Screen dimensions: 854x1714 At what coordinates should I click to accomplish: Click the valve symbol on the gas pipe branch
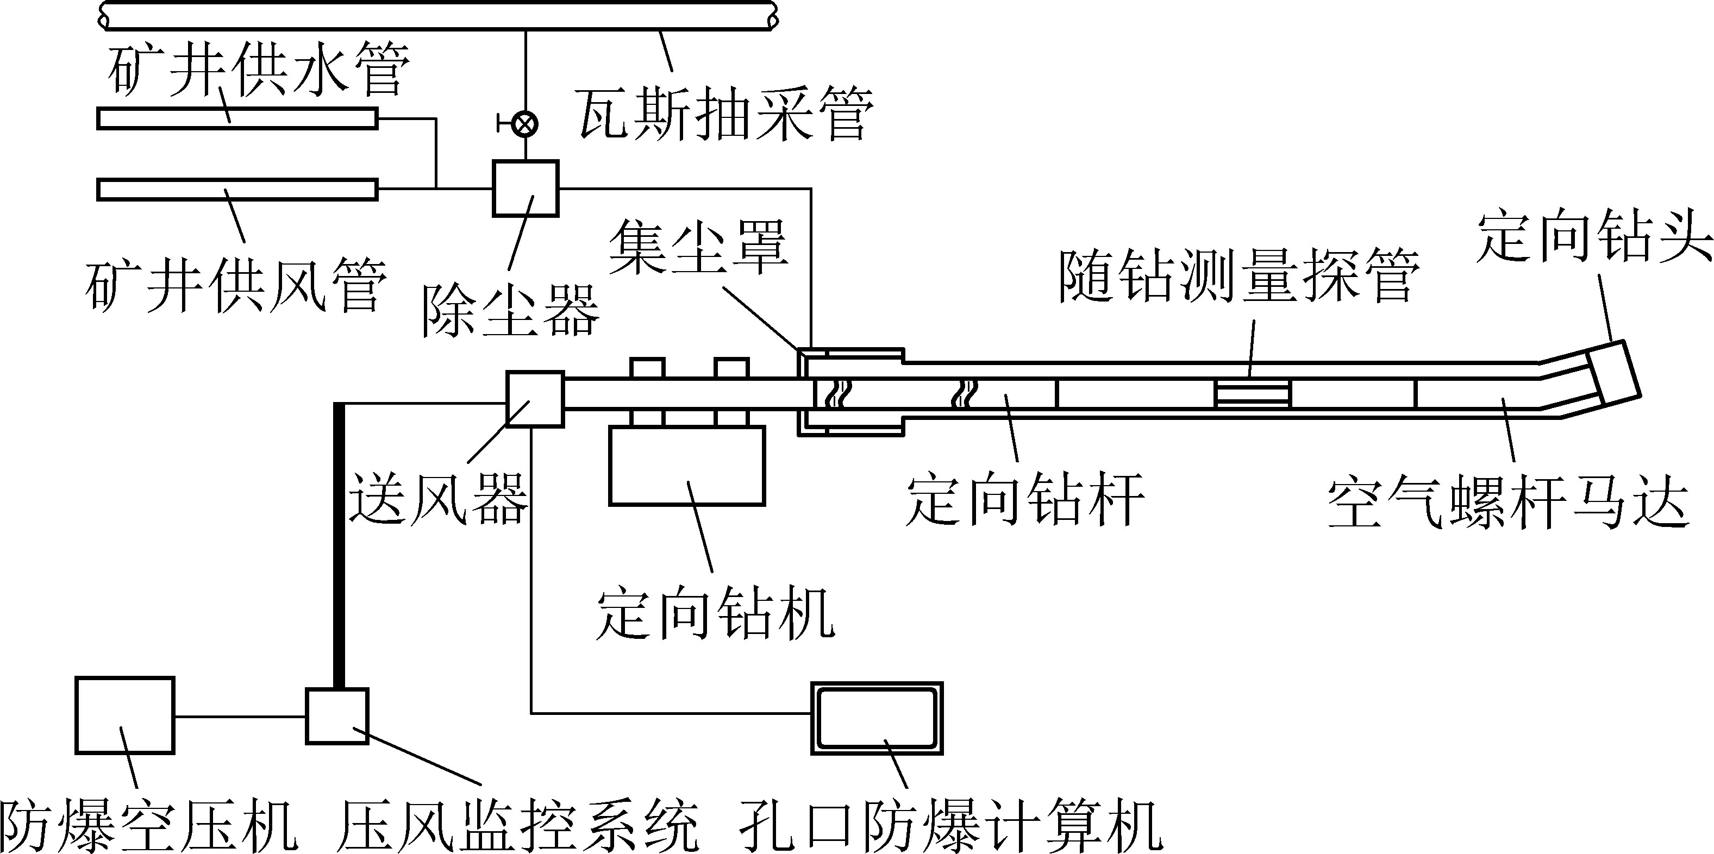(526, 124)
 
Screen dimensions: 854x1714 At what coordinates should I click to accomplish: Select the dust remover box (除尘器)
(525, 188)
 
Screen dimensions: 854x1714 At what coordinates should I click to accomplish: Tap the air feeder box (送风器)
(535, 398)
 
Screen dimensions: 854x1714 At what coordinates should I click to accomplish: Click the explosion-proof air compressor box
(124, 715)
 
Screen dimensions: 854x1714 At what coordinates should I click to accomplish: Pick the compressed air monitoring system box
(337, 715)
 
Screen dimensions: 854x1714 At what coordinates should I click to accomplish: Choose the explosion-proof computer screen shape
(877, 718)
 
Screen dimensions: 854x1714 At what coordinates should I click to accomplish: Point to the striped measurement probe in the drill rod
(1252, 393)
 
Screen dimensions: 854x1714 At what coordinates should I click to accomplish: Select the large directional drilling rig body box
(687, 466)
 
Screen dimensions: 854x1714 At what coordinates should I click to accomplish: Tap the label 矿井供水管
(258, 68)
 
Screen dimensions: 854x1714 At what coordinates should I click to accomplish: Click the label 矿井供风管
(236, 285)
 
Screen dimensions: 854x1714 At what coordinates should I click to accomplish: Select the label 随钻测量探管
(1238, 277)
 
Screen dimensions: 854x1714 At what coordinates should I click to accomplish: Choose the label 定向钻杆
(1025, 500)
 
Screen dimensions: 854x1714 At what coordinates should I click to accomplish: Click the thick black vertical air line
(339, 545)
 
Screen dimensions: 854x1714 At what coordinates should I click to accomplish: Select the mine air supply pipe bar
(237, 190)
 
